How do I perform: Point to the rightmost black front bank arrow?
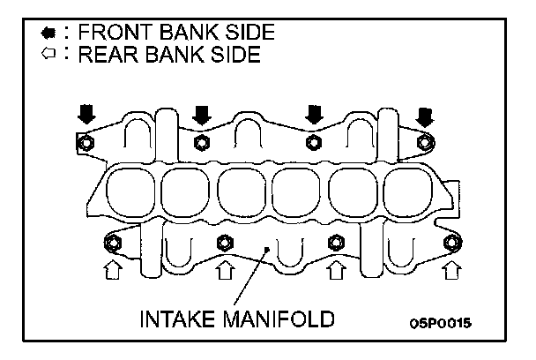coord(426,115)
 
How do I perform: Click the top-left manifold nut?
coord(86,143)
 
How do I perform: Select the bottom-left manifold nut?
coord(112,242)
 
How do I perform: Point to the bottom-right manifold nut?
coord(451,242)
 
